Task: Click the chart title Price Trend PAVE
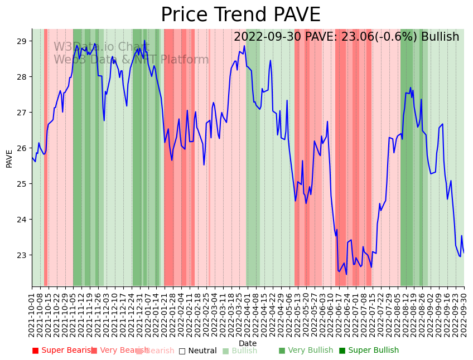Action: click(x=240, y=15)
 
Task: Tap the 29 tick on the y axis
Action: click(x=22, y=41)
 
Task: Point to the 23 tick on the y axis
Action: click(x=22, y=255)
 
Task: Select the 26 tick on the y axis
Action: click(x=22, y=148)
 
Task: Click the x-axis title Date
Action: click(x=248, y=344)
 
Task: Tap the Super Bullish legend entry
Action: click(x=369, y=351)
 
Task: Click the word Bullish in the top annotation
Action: click(x=440, y=37)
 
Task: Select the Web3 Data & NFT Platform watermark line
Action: click(x=131, y=60)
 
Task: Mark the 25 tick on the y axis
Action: click(x=22, y=184)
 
